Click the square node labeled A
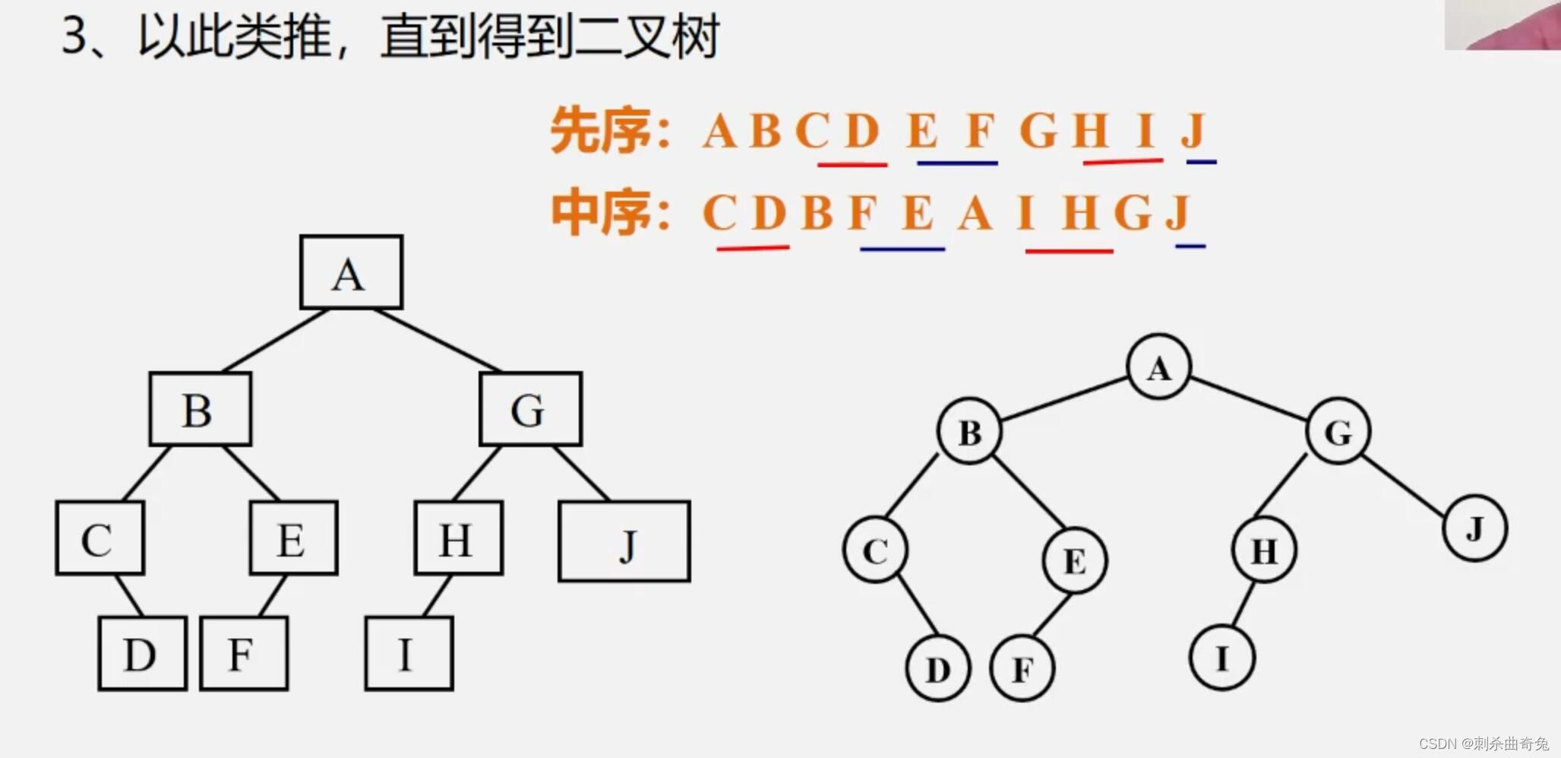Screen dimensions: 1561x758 click(x=351, y=272)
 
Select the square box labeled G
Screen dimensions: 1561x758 click(x=530, y=409)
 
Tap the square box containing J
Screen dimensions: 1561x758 click(x=624, y=541)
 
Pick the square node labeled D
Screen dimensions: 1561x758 click(x=142, y=653)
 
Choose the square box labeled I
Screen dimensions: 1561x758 click(x=409, y=653)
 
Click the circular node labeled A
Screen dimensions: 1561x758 click(x=1158, y=367)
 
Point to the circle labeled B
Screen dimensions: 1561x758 click(x=969, y=431)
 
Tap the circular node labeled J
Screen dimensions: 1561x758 click(x=1474, y=528)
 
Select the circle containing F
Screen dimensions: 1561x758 click(x=1022, y=668)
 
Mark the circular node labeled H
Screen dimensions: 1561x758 click(x=1263, y=550)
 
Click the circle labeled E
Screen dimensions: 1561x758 click(x=1074, y=560)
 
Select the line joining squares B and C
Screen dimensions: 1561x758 click(x=147, y=473)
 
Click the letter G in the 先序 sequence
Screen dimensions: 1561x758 click(x=1038, y=130)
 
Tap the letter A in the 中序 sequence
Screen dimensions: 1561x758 click(x=975, y=212)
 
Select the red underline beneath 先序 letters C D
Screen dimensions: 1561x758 click(x=852, y=163)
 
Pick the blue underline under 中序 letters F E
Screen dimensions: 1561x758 click(x=902, y=249)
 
